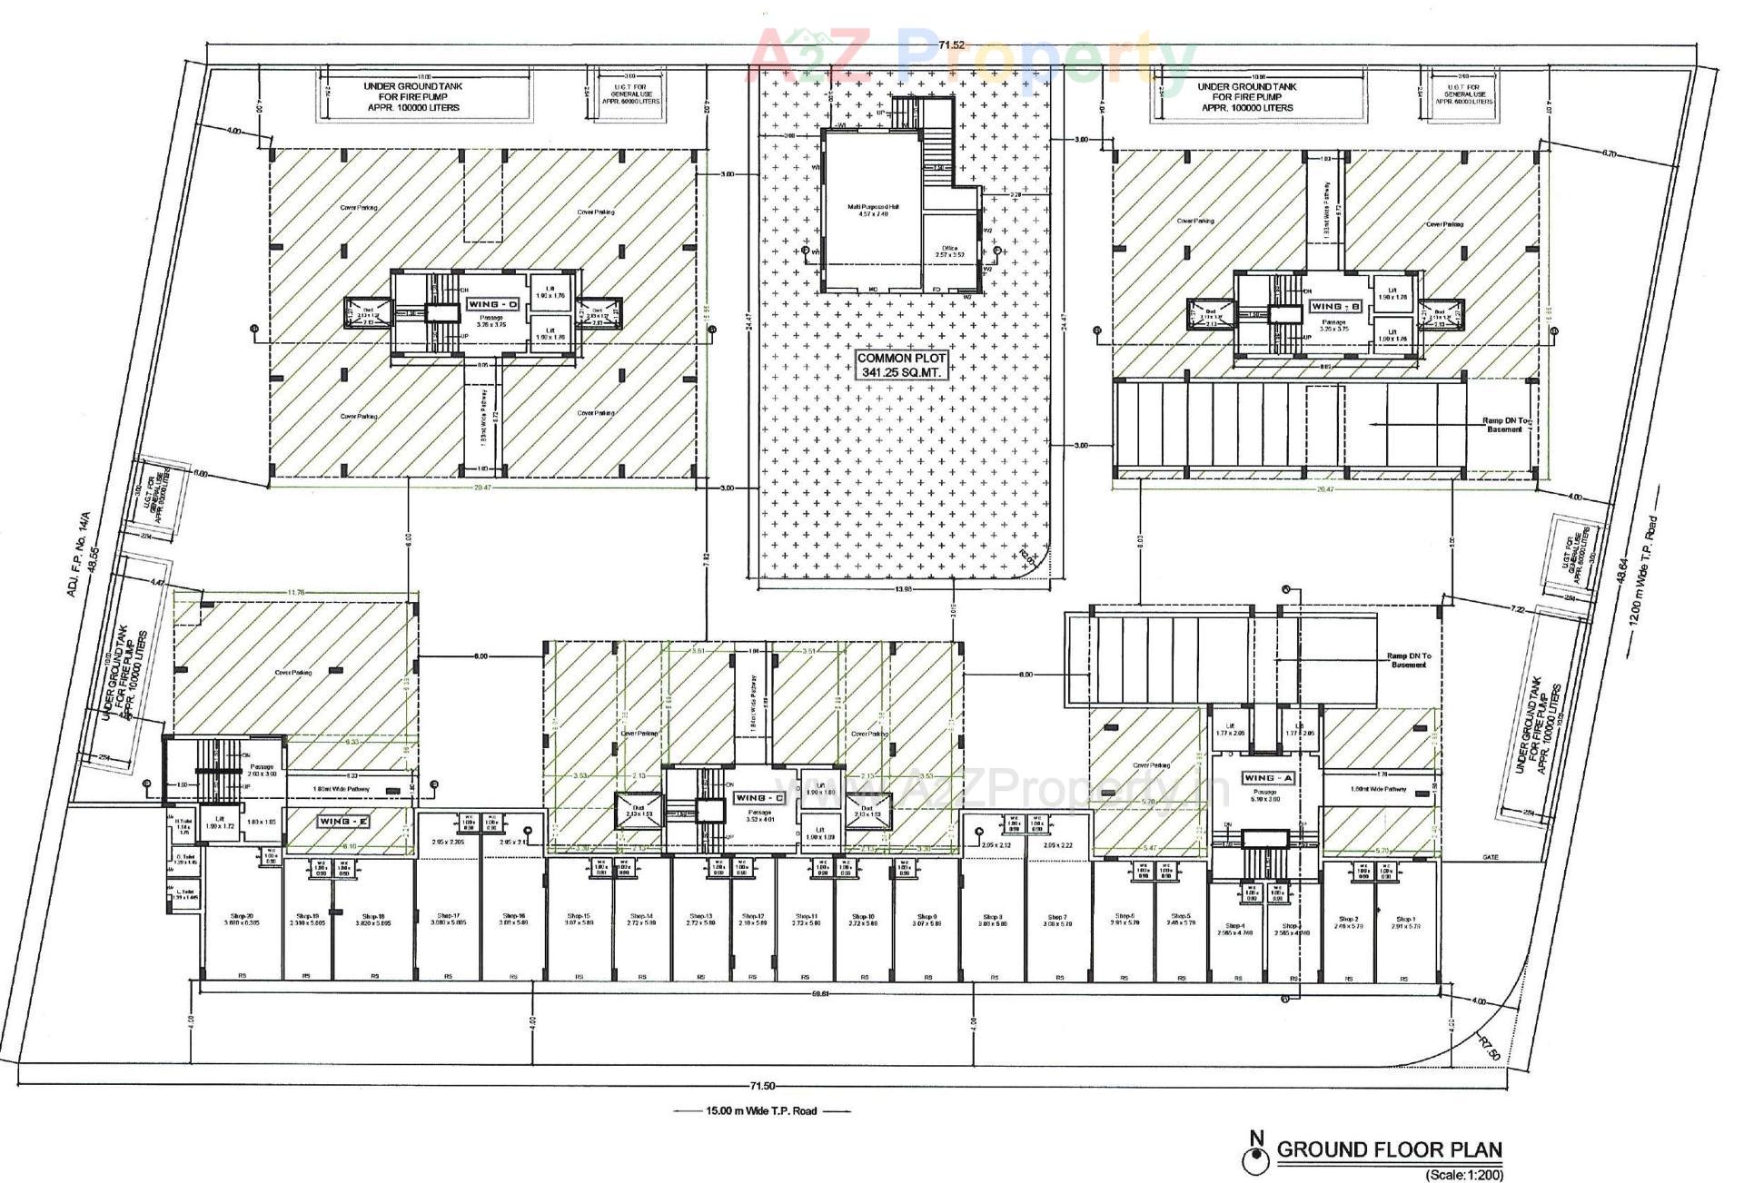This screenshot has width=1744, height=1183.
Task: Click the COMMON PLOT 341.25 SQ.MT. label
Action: (x=902, y=365)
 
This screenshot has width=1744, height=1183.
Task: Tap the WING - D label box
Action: (x=492, y=303)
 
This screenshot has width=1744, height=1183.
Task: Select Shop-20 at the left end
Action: (x=242, y=919)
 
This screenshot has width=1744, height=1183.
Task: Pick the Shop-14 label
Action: (x=640, y=919)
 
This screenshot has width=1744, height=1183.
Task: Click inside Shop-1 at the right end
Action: (x=1405, y=922)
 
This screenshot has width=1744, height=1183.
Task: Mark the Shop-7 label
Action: (x=1056, y=920)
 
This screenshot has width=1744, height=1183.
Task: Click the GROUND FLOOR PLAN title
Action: (x=1389, y=1149)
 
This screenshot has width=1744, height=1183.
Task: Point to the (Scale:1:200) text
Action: (x=1463, y=1175)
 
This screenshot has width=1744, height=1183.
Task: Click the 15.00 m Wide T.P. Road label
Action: (x=761, y=1110)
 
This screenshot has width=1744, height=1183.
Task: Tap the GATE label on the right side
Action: (x=1491, y=857)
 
